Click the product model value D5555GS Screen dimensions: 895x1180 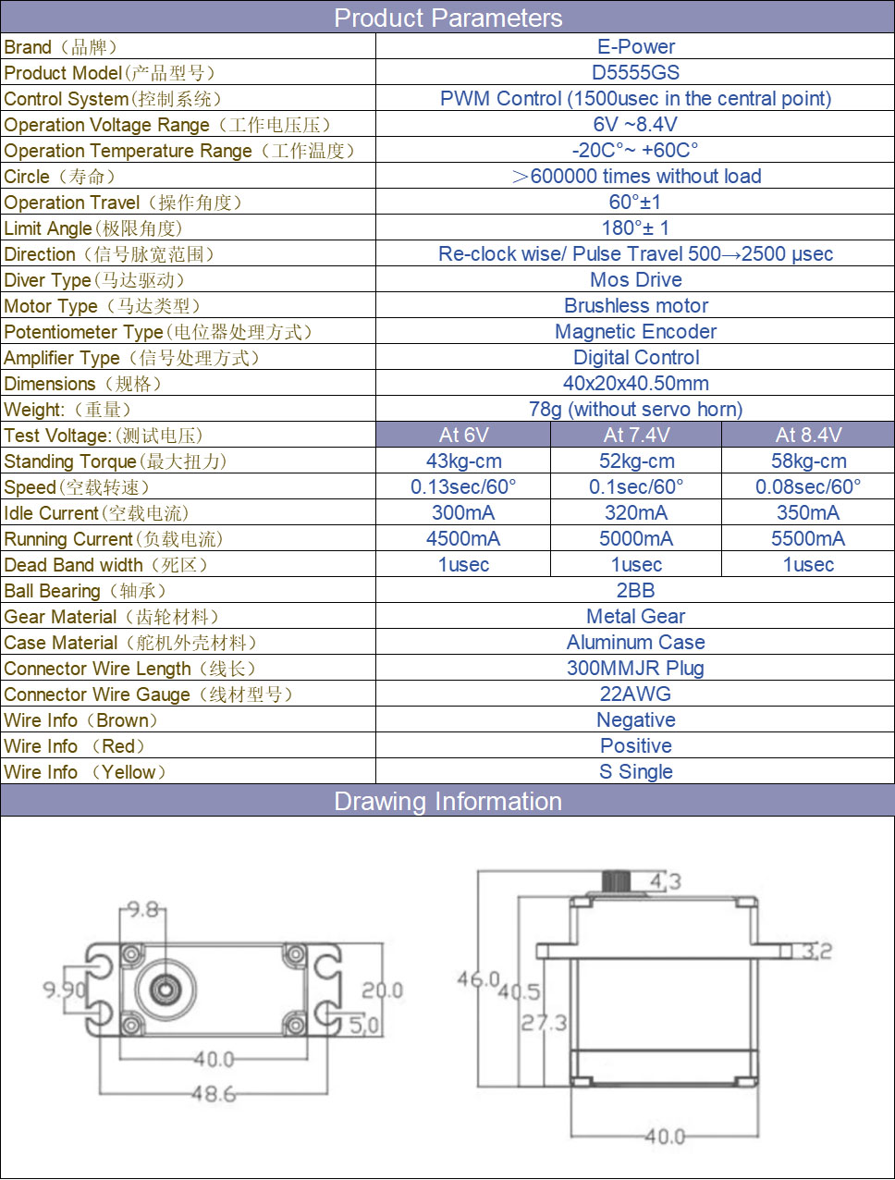pos(635,72)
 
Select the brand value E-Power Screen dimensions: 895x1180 pos(636,47)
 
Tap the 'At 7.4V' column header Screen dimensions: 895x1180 pos(636,435)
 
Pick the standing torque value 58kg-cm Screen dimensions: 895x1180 pos(808,461)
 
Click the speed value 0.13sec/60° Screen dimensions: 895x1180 pos(463,486)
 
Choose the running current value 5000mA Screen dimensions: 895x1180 pos(636,538)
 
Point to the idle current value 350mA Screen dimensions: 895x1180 pos(808,512)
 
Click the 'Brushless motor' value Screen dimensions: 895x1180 pos(636,305)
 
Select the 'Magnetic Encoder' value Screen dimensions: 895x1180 pos(635,331)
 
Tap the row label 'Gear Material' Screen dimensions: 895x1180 pos(60,617)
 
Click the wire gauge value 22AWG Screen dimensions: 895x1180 pos(635,694)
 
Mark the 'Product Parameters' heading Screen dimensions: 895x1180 pos(447,18)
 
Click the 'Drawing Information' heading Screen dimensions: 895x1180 pos(447,801)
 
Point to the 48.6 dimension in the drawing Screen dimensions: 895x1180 pos(214,1093)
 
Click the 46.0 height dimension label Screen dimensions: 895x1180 pos(478,978)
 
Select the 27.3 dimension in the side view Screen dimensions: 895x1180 pos(544,1022)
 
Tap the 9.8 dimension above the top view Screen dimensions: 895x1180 pos(143,909)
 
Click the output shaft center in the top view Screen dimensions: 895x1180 pos(165,989)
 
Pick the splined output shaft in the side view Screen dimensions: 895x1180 pos(616,881)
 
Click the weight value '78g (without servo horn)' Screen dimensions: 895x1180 pos(635,409)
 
